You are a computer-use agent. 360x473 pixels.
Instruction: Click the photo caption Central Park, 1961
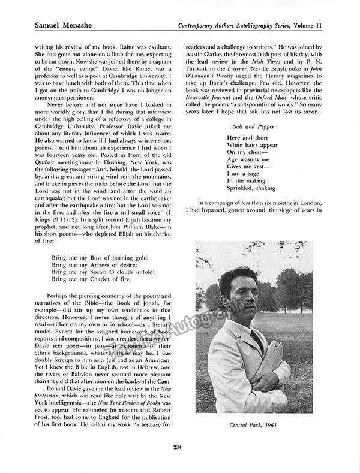(x=253, y=424)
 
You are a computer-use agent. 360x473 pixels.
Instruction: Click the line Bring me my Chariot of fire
(x=90, y=279)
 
